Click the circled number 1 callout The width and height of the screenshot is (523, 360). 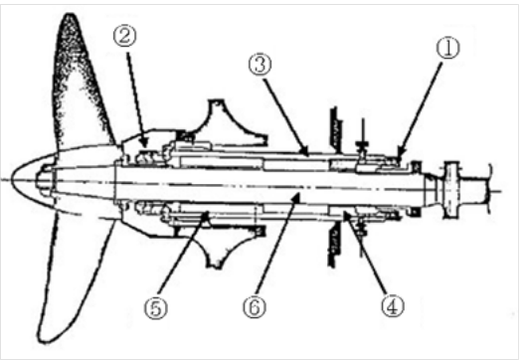(448, 48)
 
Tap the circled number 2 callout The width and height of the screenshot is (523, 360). (125, 36)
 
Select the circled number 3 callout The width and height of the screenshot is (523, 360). (260, 65)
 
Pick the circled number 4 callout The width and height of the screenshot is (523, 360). (393, 306)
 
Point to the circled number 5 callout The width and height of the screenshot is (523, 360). (156, 307)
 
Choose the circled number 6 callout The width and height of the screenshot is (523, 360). (255, 306)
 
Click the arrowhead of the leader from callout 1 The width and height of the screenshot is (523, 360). (400, 154)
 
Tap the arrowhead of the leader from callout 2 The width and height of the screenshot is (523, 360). (144, 143)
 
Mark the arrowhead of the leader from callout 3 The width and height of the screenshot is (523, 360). (305, 152)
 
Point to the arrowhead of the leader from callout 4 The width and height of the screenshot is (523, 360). (347, 215)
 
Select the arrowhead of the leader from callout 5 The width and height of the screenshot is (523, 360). (207, 215)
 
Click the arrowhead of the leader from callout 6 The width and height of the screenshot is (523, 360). (297, 197)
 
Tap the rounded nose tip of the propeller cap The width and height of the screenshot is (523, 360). (12, 180)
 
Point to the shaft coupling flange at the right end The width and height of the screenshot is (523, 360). (452, 190)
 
